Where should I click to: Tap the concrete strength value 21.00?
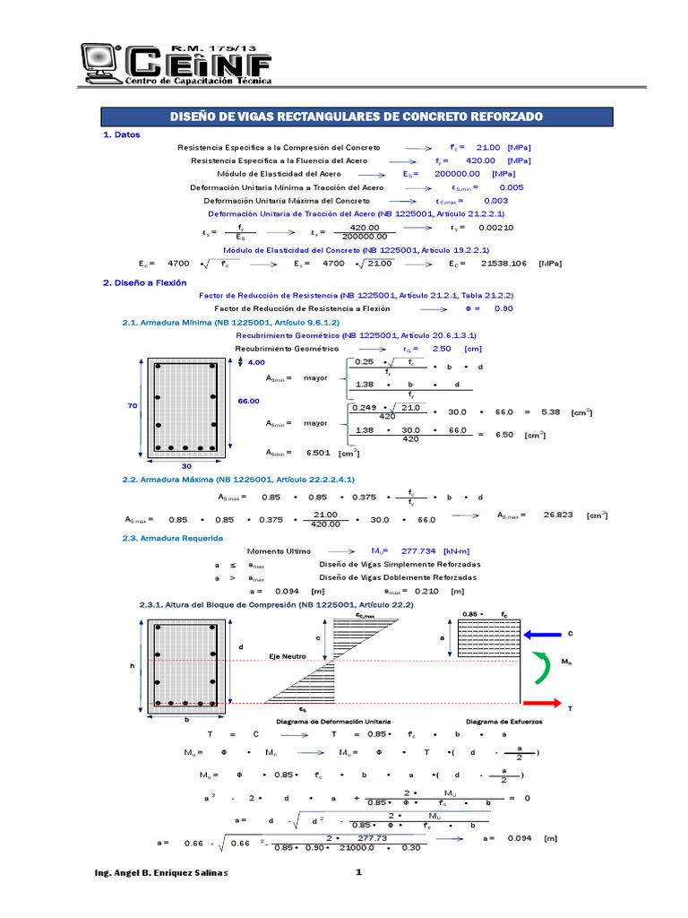487,147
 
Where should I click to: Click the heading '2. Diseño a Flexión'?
144,282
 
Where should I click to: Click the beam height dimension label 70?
132,406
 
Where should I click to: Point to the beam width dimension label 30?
186,467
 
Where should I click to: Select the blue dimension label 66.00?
248,402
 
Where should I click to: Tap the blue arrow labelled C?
543,635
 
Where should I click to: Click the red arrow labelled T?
543,704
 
